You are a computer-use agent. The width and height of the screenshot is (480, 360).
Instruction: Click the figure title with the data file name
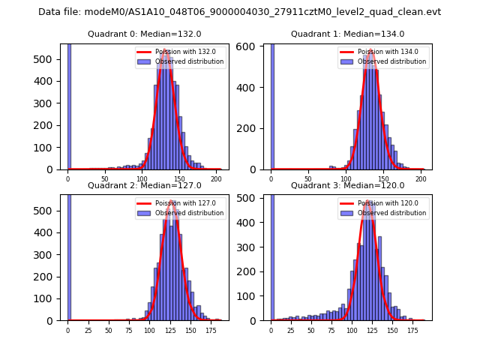click(239, 12)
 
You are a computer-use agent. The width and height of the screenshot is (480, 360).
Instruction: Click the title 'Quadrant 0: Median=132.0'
click(144, 34)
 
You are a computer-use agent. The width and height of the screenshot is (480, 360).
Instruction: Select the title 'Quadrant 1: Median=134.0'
click(347, 34)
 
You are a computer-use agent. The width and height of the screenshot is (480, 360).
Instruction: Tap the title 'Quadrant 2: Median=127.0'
click(144, 185)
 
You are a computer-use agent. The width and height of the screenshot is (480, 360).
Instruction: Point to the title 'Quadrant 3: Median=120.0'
click(347, 185)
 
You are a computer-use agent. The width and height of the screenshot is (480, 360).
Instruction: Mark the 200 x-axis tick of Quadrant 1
click(420, 178)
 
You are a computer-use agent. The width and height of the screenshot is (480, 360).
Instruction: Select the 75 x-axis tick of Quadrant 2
click(129, 329)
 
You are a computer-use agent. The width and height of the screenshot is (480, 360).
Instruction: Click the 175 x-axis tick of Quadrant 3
click(412, 329)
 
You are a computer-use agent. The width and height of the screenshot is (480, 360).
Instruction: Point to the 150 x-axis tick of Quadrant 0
click(179, 178)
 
